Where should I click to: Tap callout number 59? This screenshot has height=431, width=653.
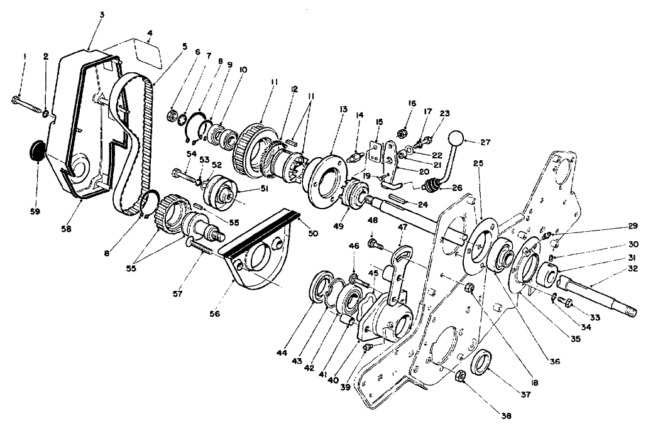tap(35, 212)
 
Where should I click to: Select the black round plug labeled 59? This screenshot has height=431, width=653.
tap(37, 153)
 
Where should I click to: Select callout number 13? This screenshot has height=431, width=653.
tap(343, 109)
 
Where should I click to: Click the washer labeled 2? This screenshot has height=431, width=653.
tap(46, 114)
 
